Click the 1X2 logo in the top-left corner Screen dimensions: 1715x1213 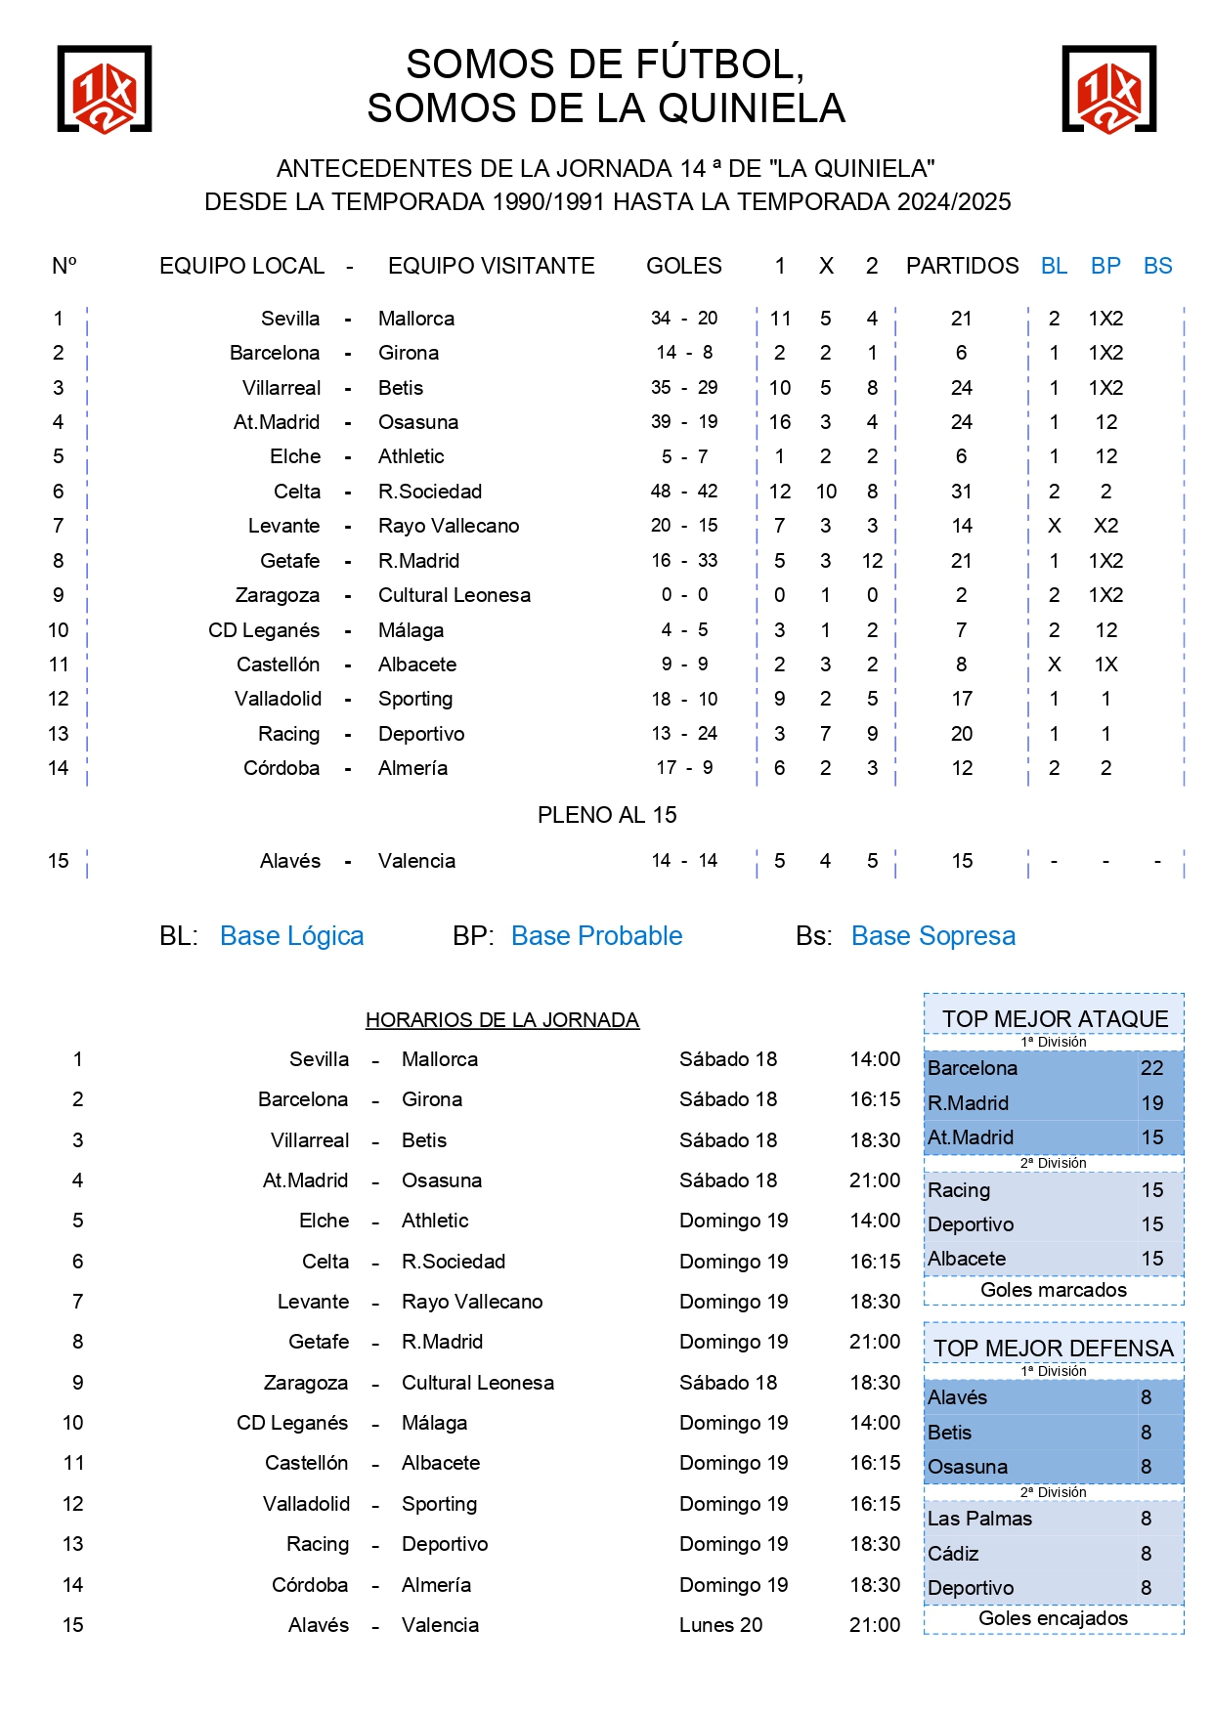(105, 89)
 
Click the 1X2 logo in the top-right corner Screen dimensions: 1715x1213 (1108, 89)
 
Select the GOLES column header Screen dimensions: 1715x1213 (683, 266)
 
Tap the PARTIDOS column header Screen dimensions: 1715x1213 (962, 266)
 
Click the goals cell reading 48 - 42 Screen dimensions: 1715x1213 (683, 492)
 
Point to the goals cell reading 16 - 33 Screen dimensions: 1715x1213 (683, 561)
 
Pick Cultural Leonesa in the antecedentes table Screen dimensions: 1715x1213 (455, 595)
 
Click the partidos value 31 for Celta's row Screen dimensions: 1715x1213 (962, 492)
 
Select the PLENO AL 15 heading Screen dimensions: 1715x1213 (607, 815)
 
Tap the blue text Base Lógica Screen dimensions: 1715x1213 (291, 936)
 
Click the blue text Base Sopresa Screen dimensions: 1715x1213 (932, 936)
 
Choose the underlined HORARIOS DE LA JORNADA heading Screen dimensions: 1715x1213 (502, 1020)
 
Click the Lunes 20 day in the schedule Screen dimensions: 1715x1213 (720, 1625)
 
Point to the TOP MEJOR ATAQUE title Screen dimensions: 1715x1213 (1055, 1019)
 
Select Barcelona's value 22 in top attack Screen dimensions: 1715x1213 (1151, 1068)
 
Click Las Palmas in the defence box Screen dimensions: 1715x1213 (979, 1519)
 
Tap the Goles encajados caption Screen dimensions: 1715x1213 (1053, 1618)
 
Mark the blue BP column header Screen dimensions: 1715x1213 (1105, 266)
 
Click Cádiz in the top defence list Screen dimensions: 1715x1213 (953, 1554)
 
